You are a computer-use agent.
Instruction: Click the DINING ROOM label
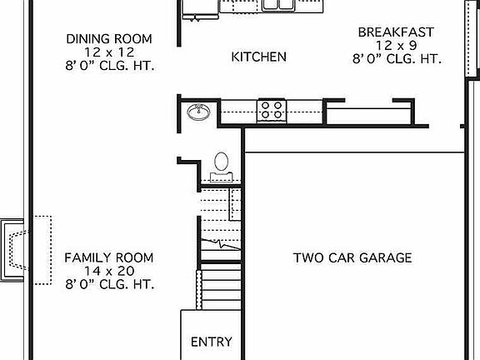[x=109, y=38]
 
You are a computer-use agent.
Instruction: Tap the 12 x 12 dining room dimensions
[x=109, y=52]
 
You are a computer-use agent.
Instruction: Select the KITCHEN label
[x=258, y=57]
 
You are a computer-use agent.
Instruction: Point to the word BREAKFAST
[x=395, y=32]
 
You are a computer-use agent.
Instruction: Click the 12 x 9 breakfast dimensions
[x=395, y=46]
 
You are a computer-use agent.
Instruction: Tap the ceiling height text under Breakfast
[x=395, y=59]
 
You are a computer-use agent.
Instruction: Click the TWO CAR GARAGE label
[x=352, y=257]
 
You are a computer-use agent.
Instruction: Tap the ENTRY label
[x=212, y=342]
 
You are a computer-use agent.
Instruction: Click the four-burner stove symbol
[x=272, y=109]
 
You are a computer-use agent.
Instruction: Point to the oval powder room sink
[x=198, y=111]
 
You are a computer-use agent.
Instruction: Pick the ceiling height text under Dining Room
[x=109, y=65]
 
